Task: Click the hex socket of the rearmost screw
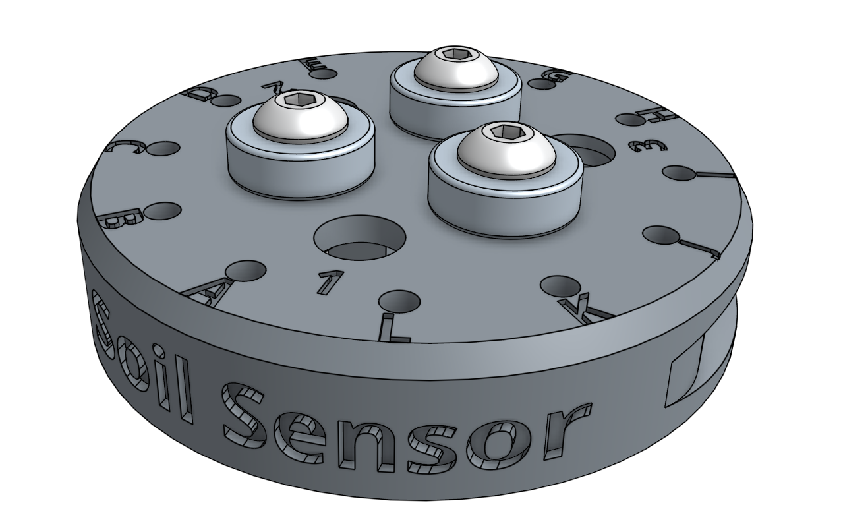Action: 454,54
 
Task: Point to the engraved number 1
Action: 329,283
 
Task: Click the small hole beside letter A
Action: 246,270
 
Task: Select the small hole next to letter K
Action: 556,285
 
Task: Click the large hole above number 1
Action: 359,236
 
